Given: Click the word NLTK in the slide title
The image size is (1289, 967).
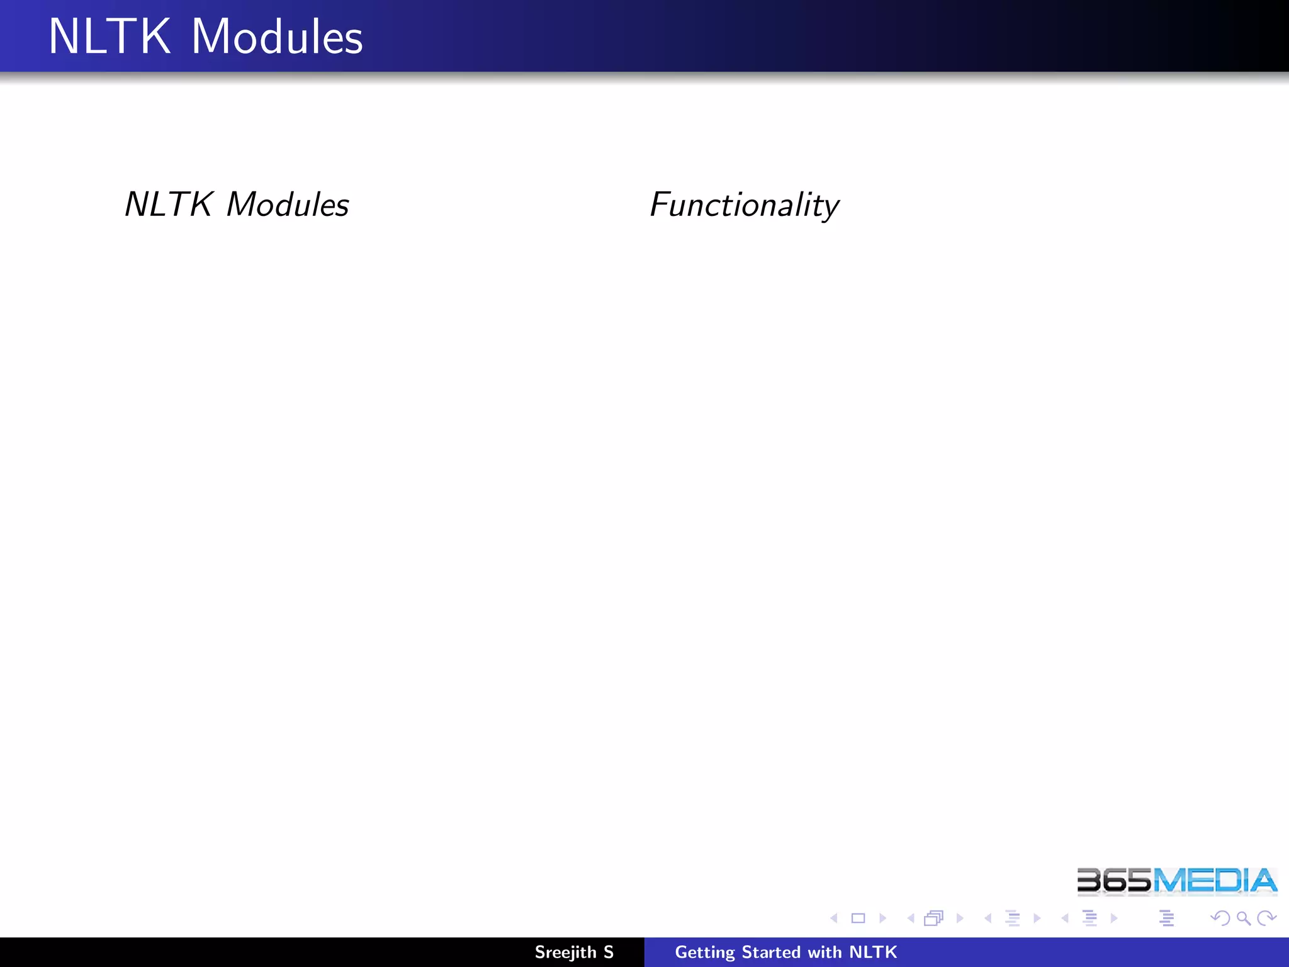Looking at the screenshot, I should click(110, 37).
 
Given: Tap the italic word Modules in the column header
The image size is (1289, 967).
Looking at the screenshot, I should click(288, 205).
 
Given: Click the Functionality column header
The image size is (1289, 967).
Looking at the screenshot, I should click(744, 205).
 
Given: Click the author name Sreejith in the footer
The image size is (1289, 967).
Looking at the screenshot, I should click(565, 952).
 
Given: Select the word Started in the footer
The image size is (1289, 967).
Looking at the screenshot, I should click(771, 952).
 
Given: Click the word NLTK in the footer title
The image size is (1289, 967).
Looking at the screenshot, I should click(873, 952).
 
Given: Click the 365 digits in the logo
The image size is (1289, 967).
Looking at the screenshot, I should click(1114, 881).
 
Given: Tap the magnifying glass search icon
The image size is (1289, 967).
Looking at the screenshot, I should click(1243, 919).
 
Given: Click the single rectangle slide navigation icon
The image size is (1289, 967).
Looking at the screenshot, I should click(858, 919).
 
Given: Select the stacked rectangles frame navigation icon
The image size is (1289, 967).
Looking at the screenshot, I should click(933, 919).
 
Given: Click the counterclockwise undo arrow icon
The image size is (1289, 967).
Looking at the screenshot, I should click(1220, 919).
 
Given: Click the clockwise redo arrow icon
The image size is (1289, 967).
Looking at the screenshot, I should click(1266, 919).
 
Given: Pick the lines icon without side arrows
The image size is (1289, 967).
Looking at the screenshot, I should click(1166, 919).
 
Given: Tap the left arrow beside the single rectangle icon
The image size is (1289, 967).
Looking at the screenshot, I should click(834, 919).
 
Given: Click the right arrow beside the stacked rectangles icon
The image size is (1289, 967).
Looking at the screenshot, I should click(960, 919).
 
